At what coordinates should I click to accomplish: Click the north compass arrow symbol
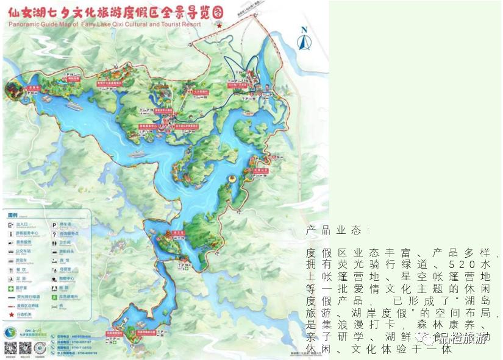[304, 38]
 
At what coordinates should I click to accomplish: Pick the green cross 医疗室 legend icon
[11, 288]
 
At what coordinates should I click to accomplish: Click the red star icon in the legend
[11, 315]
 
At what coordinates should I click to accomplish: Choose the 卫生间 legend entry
[65, 242]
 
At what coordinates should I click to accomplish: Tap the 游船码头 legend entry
[65, 251]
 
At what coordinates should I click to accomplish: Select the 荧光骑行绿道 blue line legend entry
[24, 297]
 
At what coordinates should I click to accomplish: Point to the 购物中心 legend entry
[65, 279]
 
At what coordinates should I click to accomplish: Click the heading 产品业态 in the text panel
[337, 230]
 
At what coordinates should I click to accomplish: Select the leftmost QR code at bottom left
[11, 348]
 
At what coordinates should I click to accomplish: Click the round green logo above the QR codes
[10, 333]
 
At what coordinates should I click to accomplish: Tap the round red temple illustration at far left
[12, 90]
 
